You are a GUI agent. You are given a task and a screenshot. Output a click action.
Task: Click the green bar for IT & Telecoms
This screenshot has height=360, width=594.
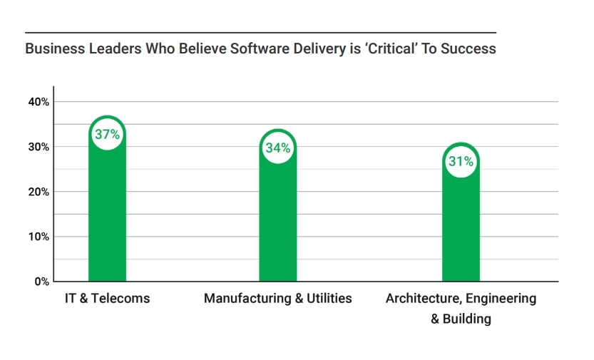(107, 214)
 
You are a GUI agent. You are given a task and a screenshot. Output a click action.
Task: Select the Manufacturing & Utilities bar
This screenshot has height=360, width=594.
(277, 221)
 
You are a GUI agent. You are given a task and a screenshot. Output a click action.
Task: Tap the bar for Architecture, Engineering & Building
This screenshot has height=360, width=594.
(461, 228)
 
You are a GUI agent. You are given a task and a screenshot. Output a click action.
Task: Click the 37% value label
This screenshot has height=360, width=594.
(107, 134)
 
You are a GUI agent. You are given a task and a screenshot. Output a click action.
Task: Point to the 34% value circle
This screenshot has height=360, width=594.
(277, 148)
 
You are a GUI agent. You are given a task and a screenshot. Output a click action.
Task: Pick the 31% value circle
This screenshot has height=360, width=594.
(461, 162)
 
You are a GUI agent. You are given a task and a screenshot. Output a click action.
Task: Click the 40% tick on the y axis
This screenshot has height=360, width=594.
(39, 102)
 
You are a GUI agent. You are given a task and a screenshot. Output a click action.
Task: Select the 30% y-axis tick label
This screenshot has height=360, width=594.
(39, 147)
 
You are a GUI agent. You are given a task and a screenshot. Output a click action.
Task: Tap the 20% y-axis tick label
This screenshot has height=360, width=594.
(39, 192)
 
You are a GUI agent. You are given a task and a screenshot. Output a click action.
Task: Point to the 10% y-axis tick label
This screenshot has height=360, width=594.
(39, 237)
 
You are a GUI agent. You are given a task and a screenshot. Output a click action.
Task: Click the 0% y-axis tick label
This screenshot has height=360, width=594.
(41, 282)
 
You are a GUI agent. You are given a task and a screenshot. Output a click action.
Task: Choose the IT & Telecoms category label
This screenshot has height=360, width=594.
(107, 298)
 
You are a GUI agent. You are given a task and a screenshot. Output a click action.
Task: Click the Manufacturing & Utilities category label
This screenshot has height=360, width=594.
(277, 298)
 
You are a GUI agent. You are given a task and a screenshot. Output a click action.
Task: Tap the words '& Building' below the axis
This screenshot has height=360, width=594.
(461, 319)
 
